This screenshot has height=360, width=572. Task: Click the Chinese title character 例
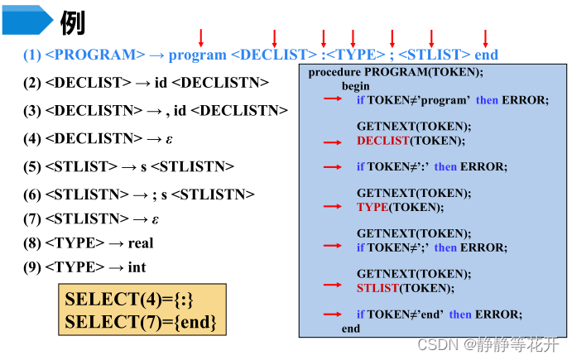tap(72, 22)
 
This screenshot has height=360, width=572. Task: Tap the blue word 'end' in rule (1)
tap(487, 55)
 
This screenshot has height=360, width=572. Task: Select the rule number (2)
tap(32, 82)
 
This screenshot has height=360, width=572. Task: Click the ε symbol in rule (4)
tap(169, 138)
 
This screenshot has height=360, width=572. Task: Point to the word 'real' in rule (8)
tap(141, 243)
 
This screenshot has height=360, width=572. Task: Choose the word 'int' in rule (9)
tap(137, 266)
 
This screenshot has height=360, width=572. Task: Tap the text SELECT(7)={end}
tap(141, 321)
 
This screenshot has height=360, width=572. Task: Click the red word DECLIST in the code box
tap(383, 141)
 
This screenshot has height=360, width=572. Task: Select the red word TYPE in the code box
tap(373, 207)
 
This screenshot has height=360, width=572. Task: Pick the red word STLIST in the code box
tap(377, 288)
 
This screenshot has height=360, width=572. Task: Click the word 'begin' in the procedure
tap(356, 85)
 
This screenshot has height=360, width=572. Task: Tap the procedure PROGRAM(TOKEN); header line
tap(396, 73)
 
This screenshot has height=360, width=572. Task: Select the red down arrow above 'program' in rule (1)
tap(200, 36)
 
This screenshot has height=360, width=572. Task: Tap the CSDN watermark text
tap(488, 343)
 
